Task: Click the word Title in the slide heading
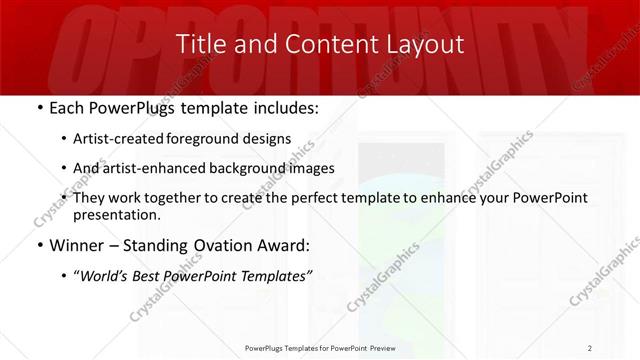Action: tap(199, 44)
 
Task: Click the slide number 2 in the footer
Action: tap(590, 347)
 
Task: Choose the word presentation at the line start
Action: tap(116, 215)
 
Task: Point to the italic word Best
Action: tap(156, 275)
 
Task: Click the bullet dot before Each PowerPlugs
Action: tap(38, 107)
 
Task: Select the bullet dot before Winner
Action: tap(38, 245)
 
